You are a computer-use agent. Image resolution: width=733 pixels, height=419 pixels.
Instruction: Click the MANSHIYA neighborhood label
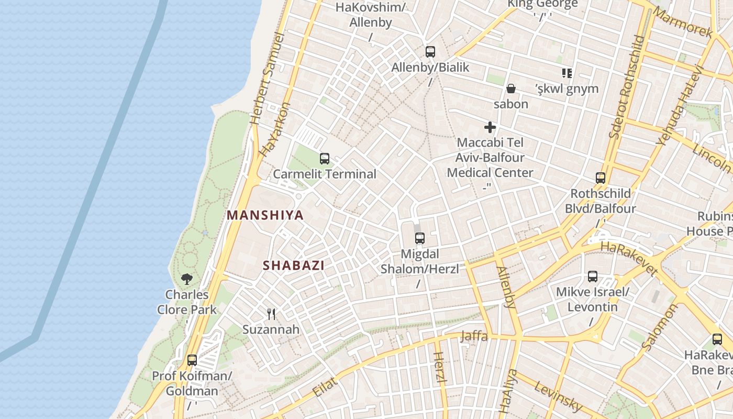(265, 215)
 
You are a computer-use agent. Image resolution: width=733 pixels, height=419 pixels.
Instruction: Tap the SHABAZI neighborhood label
(293, 265)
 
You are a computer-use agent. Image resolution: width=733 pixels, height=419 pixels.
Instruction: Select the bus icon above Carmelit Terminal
(325, 158)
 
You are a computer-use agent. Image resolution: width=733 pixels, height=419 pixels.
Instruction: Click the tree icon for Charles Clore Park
(187, 279)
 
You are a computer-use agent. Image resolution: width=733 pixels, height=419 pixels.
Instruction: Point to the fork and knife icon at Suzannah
(271, 314)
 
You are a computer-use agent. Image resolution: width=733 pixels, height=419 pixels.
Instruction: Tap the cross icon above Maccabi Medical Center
(490, 127)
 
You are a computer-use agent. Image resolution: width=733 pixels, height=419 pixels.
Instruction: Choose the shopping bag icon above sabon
(511, 89)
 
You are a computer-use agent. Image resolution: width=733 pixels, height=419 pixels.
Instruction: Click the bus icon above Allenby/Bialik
(430, 51)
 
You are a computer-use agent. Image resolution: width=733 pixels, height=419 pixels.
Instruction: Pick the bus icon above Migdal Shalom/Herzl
(419, 238)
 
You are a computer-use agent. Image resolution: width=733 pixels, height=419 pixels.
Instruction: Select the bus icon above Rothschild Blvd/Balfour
(600, 178)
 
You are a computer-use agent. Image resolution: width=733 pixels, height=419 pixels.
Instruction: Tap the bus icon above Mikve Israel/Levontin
(593, 276)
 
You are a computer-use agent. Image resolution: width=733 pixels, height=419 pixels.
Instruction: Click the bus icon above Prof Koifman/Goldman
(192, 360)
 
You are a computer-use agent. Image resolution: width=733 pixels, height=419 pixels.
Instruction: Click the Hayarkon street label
(274, 129)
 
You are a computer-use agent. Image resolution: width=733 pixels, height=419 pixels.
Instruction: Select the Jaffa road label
(474, 336)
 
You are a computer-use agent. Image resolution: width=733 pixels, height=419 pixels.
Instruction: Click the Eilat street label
(325, 387)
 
